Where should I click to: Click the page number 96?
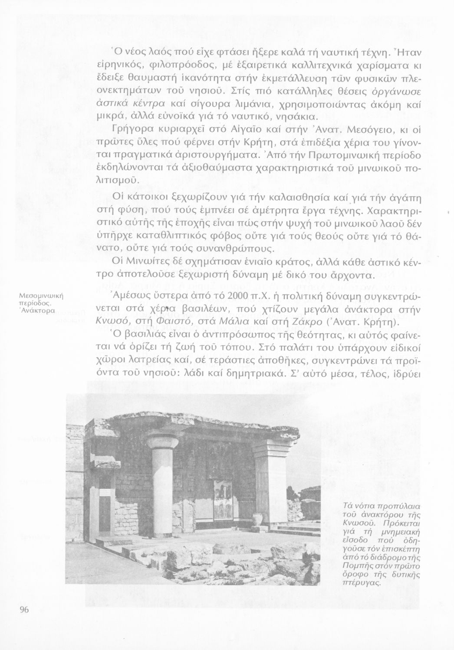[x=24, y=610]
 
